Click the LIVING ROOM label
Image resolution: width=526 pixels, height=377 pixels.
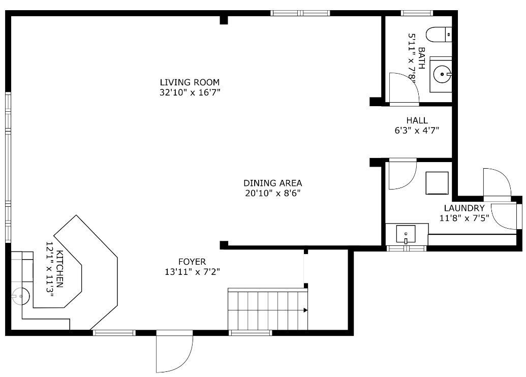(190, 82)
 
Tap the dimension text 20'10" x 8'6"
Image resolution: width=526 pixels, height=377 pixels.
(272, 193)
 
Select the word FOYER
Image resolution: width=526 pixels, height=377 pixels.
(192, 262)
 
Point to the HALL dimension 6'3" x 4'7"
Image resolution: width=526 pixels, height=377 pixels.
(417, 130)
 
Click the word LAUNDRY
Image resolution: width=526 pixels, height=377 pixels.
(464, 208)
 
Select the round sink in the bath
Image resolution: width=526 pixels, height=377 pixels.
(442, 75)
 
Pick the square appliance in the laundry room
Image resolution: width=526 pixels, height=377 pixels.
(437, 183)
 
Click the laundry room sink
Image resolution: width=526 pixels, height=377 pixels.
(406, 234)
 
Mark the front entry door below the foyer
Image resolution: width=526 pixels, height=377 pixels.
(174, 352)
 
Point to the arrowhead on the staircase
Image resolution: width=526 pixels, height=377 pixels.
(305, 309)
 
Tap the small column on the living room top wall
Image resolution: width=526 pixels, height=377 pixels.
(224, 20)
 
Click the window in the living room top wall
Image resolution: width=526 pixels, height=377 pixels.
(300, 13)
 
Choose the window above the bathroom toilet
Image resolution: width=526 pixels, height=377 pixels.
(417, 13)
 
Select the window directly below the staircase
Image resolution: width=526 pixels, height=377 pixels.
(250, 333)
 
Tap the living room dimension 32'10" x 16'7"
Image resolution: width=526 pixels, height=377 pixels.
(190, 92)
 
